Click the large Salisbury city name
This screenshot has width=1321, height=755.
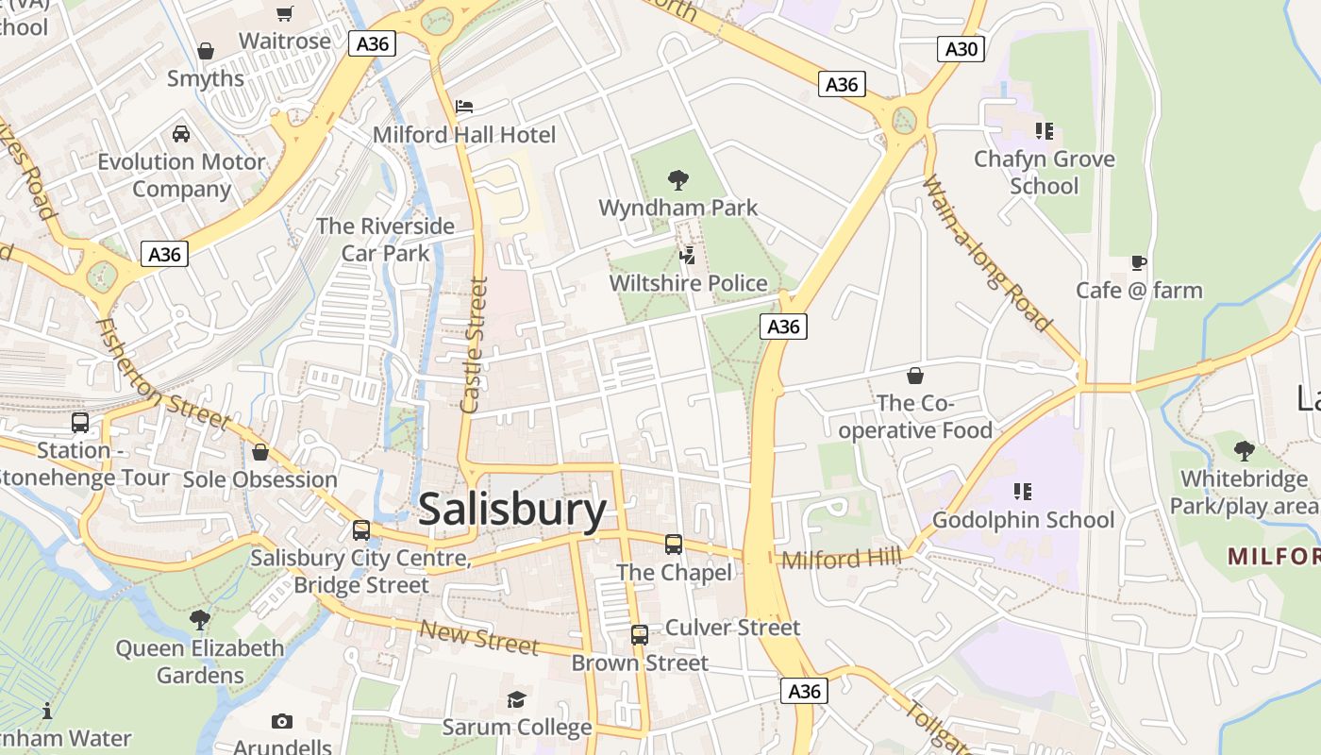pyautogui.click(x=512, y=510)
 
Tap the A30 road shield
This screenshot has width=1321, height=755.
pyautogui.click(x=961, y=49)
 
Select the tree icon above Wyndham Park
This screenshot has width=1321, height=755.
pyautogui.click(x=677, y=179)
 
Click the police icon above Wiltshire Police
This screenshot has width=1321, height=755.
pyautogui.click(x=688, y=255)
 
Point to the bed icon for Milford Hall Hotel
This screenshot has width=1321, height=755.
pyautogui.click(x=464, y=107)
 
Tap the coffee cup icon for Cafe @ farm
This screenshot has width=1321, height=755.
pyautogui.click(x=1139, y=262)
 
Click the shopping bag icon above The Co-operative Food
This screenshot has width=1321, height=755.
pyautogui.click(x=914, y=377)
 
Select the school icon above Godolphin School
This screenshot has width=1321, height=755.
pyautogui.click(x=1022, y=492)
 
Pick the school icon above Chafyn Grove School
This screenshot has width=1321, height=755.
pyautogui.click(x=1044, y=131)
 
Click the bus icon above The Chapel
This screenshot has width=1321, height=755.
pyautogui.click(x=673, y=545)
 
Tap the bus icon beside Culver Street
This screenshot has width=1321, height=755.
pyautogui.click(x=640, y=634)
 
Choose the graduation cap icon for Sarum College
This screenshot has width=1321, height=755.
pyautogui.click(x=516, y=699)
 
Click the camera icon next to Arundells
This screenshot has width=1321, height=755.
pyautogui.click(x=281, y=722)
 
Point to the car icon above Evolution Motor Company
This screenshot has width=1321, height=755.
pyautogui.click(x=181, y=134)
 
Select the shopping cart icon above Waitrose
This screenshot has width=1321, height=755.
pyautogui.click(x=284, y=13)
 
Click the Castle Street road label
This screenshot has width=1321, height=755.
pyautogui.click(x=474, y=344)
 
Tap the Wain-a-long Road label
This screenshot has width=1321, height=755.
pyautogui.click(x=987, y=253)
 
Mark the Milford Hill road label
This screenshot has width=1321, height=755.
pyautogui.click(x=841, y=559)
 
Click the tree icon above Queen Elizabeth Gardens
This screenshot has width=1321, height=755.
pyautogui.click(x=199, y=620)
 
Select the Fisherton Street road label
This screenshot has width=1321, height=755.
pyautogui.click(x=162, y=374)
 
